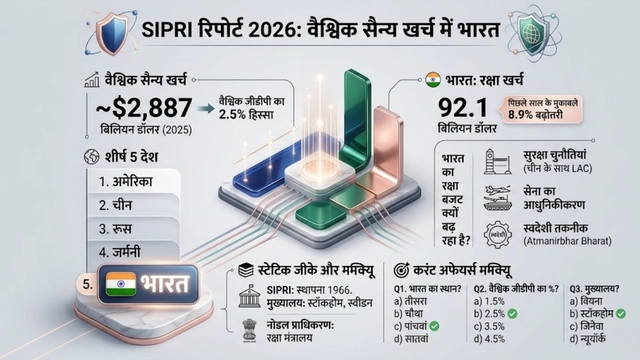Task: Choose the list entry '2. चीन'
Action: (118, 205)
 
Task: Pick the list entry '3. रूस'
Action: (118, 228)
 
